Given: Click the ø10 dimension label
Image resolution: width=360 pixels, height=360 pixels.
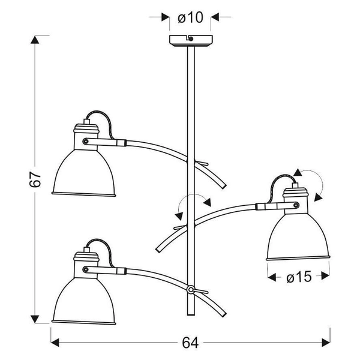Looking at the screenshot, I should coord(190,17).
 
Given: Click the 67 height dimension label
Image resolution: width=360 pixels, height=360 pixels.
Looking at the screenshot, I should coord(35,179).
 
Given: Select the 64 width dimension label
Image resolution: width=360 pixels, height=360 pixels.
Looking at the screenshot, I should coord(190,343).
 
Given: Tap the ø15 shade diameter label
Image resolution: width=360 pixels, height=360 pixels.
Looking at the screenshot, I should coord(298,277).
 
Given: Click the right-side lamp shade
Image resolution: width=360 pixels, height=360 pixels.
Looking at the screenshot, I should coord(298,236).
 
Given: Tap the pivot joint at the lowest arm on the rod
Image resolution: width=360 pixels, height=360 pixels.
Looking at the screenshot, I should coord(191,290).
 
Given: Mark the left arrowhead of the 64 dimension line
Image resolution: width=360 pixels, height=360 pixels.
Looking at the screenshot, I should coord(55,343).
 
